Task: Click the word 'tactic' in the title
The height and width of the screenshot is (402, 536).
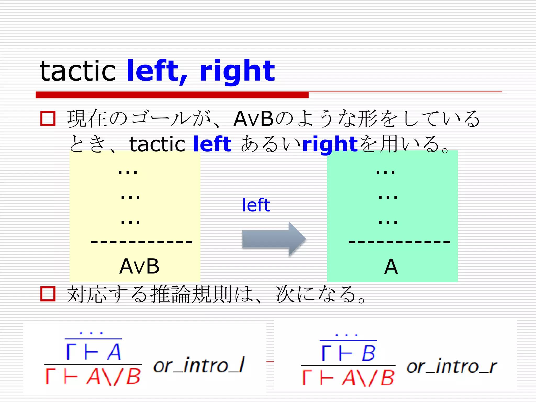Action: [x=77, y=71]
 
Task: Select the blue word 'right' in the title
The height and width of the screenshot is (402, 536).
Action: [x=237, y=71]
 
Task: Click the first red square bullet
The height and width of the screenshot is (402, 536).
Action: [x=48, y=119]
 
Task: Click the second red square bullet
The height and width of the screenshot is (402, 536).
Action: [x=48, y=294]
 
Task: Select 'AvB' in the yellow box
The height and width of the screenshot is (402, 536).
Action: [x=139, y=266]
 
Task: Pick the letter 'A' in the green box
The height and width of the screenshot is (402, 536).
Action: [x=391, y=267]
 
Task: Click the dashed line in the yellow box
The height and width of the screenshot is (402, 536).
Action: [x=142, y=242]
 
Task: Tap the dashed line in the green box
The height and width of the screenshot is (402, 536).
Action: [x=399, y=242]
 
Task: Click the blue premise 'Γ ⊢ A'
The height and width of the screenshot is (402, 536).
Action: [x=93, y=352]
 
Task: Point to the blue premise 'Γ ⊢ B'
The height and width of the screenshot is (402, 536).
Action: [x=348, y=353]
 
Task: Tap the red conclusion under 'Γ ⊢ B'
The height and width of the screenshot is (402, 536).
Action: [x=348, y=378]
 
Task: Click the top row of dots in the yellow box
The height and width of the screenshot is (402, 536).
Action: [x=128, y=172]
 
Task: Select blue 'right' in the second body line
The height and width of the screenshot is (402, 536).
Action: [x=330, y=144]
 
